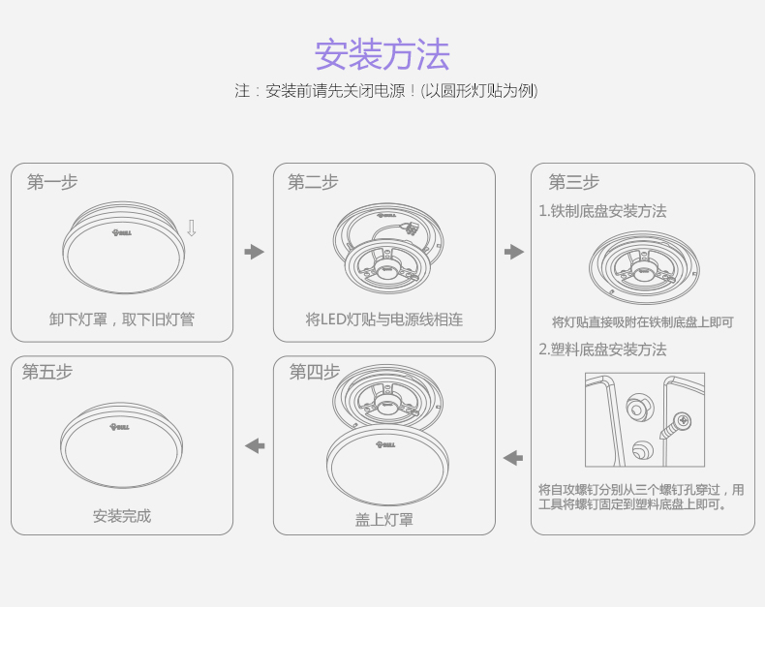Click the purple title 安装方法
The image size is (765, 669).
382,54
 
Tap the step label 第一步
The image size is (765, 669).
52,182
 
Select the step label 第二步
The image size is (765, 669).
313,182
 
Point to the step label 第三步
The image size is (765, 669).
573,182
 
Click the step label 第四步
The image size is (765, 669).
315,372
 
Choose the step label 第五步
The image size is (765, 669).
47,372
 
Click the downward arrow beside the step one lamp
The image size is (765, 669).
192,228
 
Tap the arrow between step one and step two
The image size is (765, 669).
254,252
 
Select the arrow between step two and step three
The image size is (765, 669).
514,252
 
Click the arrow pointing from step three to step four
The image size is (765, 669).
513,458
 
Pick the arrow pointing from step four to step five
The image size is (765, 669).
255,445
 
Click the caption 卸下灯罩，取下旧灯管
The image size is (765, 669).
122,319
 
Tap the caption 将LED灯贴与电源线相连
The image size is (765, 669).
384,319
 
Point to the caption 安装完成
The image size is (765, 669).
122,516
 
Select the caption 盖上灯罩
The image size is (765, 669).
384,520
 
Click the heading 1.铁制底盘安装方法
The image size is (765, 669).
602,211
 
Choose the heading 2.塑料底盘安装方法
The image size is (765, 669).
602,350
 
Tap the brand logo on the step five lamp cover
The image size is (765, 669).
119,427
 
